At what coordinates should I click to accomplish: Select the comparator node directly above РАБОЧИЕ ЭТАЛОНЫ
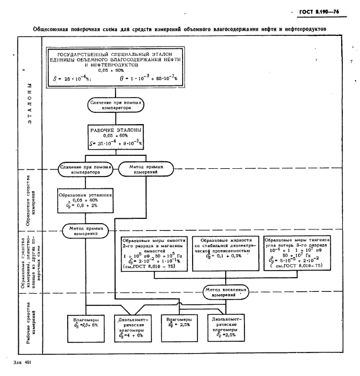click(x=115, y=105)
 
